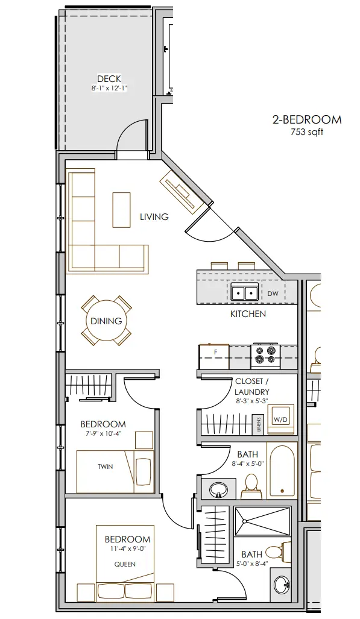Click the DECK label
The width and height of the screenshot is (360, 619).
coord(109,79)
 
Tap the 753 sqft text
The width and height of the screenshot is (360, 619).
coord(307,132)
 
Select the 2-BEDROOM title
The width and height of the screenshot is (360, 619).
coord(307,119)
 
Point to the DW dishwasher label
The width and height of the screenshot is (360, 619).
coord(273,294)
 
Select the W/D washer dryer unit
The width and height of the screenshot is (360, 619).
coord(280,419)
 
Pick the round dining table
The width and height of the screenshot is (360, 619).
coord(106,321)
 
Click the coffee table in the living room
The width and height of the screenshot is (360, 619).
coord(121,210)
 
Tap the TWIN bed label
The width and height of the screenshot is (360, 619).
coord(105,467)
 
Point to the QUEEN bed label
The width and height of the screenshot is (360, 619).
coord(125,565)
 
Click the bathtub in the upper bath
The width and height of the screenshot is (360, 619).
coord(282,470)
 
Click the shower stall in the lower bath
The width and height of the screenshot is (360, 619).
coord(262,522)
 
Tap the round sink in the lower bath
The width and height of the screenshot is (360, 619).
coord(281,583)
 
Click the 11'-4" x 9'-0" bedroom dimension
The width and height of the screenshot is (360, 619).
coord(127,549)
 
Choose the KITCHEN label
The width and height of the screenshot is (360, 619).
coord(248,314)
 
